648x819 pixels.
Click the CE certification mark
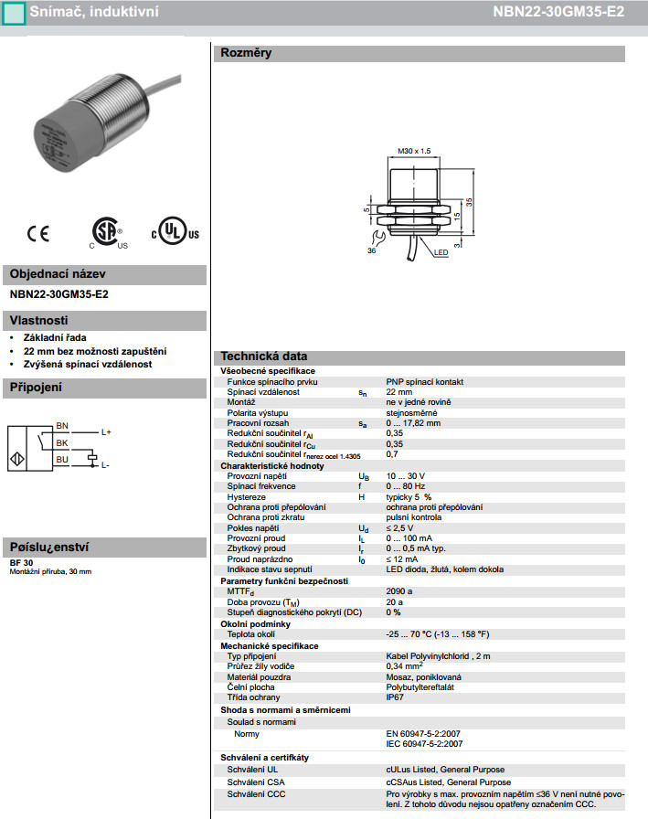tap(38, 233)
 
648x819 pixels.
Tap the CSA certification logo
tap(108, 232)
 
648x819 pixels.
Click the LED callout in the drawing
tap(441, 252)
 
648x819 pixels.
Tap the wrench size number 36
tap(372, 250)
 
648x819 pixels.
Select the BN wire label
tap(62, 426)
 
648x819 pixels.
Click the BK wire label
tap(62, 442)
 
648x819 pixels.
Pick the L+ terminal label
tap(106, 431)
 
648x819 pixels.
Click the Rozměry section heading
tap(246, 53)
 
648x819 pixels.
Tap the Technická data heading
tap(263, 356)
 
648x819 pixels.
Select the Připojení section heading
tap(36, 388)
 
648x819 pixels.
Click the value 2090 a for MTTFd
tap(399, 591)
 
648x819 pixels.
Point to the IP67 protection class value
tap(395, 697)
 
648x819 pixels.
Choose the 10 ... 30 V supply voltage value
tap(406, 476)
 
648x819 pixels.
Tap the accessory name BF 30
tap(21, 562)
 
